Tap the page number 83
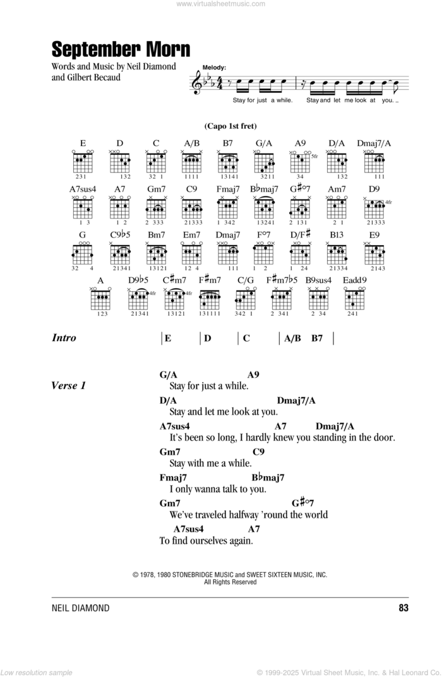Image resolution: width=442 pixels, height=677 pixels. pyautogui.click(x=403, y=608)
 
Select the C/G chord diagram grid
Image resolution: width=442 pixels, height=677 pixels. pyautogui.click(x=245, y=299)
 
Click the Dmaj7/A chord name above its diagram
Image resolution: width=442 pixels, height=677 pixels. pyautogui.click(x=374, y=143)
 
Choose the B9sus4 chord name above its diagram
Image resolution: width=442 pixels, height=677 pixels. pyautogui.click(x=318, y=279)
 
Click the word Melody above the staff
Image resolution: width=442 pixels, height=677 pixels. pyautogui.click(x=215, y=66)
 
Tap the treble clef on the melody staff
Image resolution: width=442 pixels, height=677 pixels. pyautogui.click(x=197, y=81)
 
